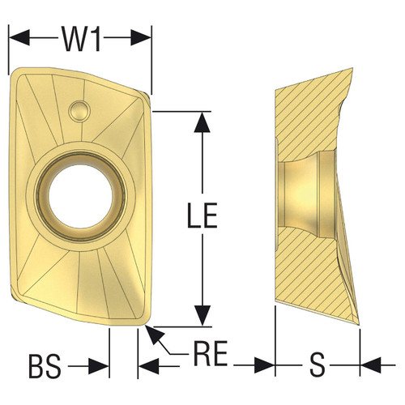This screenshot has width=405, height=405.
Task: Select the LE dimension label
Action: click(204, 216)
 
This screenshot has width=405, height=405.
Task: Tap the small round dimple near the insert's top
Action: click(79, 108)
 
